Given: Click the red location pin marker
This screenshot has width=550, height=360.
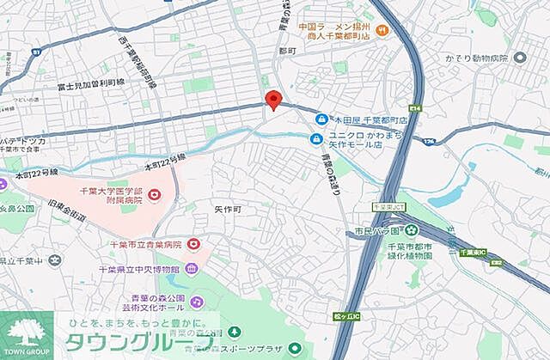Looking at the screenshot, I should pyautogui.click(x=273, y=99).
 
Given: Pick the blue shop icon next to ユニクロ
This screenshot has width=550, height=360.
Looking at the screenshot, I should pyautogui.click(x=316, y=137).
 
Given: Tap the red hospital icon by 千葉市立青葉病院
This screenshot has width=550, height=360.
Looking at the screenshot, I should pyautogui.click(x=193, y=245).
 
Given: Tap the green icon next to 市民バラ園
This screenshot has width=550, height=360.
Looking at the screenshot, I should pyautogui.click(x=411, y=229).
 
